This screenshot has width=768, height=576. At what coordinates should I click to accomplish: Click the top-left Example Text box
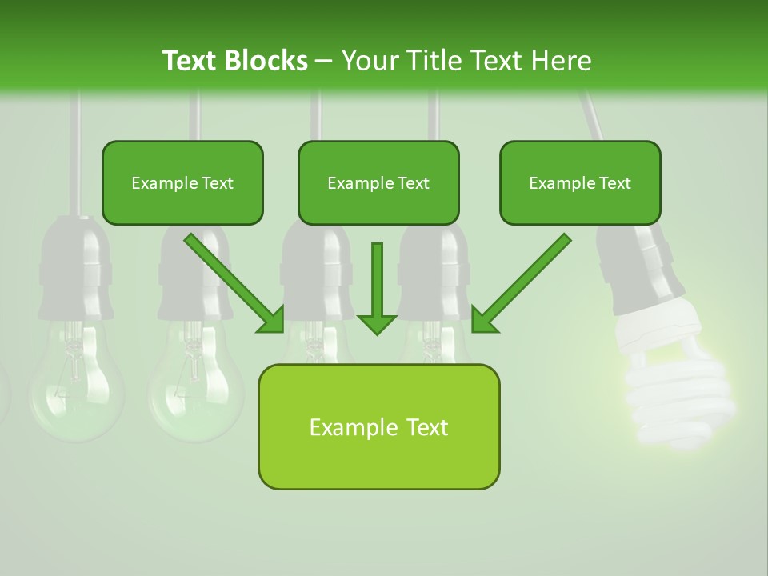182,182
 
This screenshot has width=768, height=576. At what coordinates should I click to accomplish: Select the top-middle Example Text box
378,182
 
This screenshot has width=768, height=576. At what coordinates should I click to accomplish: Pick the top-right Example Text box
580,182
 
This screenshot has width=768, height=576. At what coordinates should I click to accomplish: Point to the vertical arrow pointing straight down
377,288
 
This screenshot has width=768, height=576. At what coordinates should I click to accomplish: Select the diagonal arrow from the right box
521,283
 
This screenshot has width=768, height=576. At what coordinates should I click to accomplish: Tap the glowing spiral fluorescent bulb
680,392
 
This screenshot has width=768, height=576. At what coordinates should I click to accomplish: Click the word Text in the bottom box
425,427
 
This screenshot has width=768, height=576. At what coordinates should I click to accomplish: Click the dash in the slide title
324,61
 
